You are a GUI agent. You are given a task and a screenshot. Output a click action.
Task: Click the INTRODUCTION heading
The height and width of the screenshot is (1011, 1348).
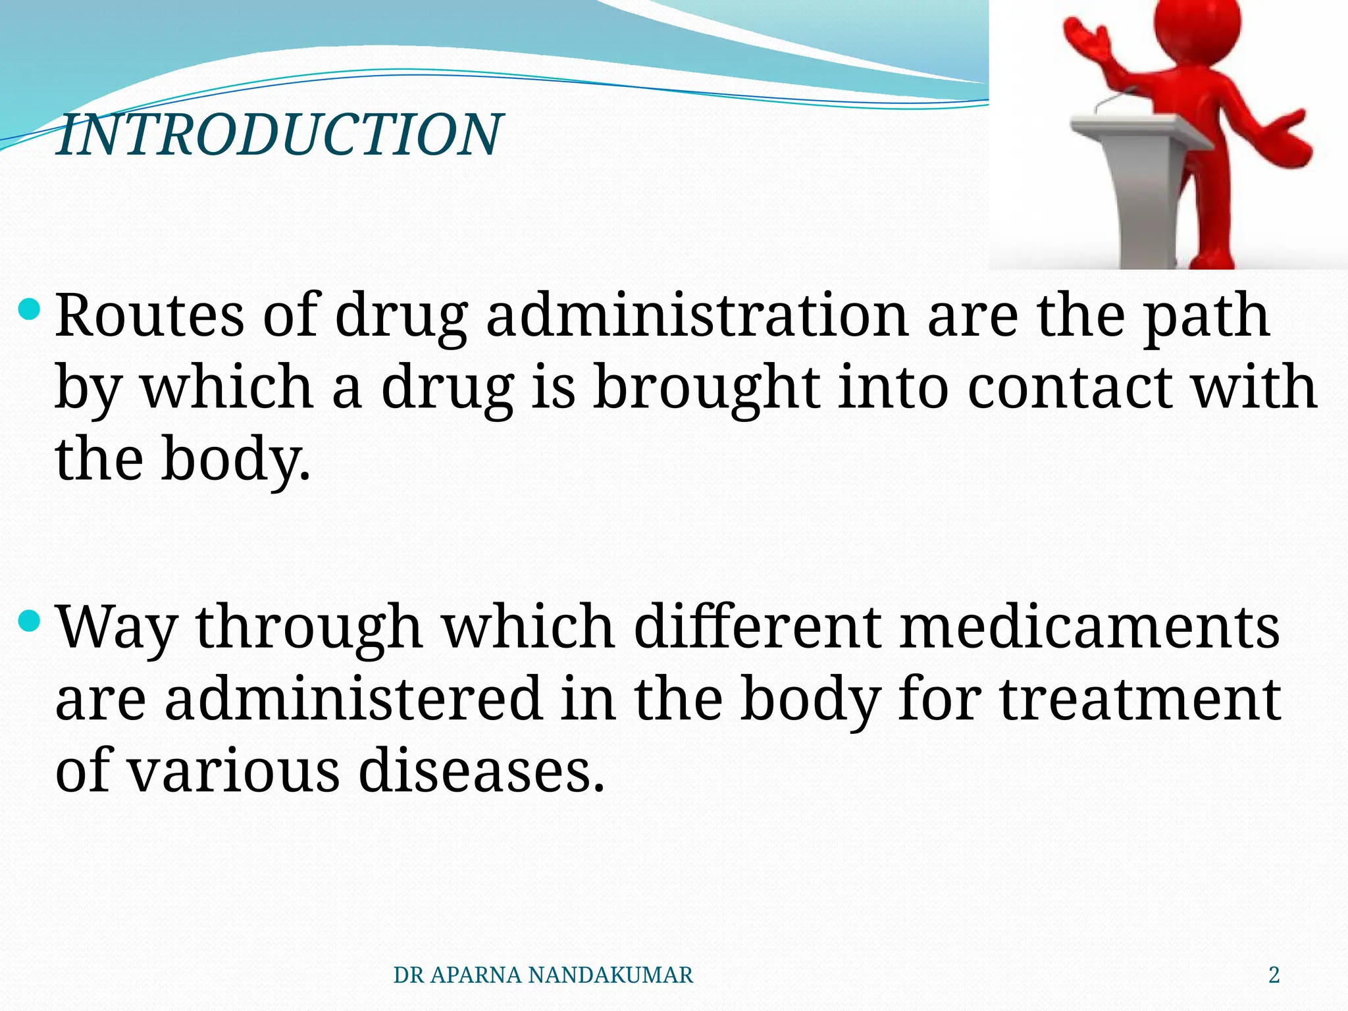[x=279, y=135]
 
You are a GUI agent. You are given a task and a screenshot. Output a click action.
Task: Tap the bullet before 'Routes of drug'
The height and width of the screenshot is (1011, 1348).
[x=30, y=309]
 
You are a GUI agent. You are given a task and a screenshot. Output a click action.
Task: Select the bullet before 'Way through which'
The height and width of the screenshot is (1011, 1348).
[x=30, y=620]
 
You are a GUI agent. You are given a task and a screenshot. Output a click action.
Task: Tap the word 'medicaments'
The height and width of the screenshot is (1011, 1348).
[x=1089, y=627]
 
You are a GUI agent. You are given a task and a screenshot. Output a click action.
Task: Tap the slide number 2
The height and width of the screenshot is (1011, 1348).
[x=1274, y=975]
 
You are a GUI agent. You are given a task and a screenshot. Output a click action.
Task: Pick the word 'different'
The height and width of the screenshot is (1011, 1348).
[x=756, y=627]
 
